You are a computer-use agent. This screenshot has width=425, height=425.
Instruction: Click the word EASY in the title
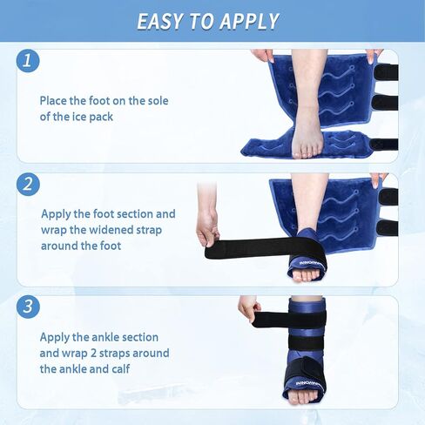[x=165, y=20]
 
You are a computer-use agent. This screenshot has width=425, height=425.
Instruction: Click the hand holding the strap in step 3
[x=249, y=307]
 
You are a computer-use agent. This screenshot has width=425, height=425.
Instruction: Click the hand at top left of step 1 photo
[x=262, y=55]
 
